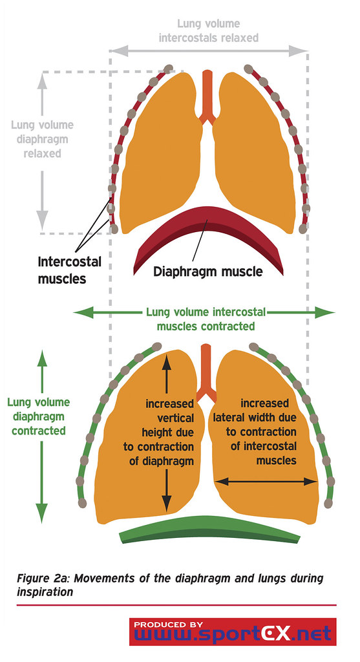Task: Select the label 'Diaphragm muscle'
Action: pos(208,271)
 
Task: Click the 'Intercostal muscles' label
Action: pos(70,270)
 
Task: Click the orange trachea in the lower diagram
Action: pos(206,373)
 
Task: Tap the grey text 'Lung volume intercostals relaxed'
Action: pos(209,31)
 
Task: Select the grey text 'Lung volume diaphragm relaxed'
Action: pos(42,139)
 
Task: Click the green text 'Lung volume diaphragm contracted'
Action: pos(39,416)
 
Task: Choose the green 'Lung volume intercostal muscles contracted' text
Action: pos(206,319)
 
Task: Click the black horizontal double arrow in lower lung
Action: pos(266,481)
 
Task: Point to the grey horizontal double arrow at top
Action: pos(209,51)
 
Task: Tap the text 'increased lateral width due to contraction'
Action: pos(255,425)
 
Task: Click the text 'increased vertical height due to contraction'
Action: pos(160,432)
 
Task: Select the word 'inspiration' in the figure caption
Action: pos(45,592)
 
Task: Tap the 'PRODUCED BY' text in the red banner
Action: pos(169,625)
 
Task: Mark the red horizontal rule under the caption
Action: pos(176,605)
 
